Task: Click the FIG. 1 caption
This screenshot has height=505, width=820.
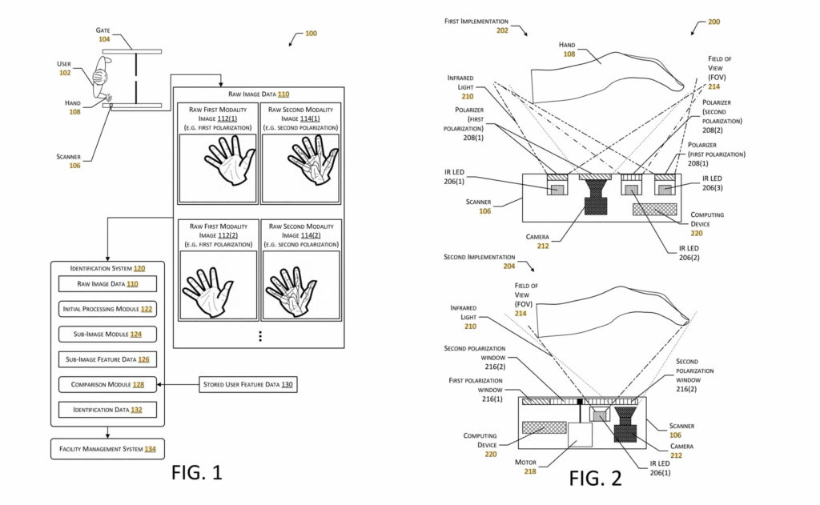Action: pos(196,473)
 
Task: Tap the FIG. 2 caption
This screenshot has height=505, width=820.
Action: pos(595,478)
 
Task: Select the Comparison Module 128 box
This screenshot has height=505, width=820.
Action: pos(107,385)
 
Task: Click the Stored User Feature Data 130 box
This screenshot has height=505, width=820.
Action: pos(246,385)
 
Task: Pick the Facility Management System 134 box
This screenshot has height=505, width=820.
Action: pos(107,449)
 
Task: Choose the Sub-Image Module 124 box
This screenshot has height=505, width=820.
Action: pos(107,334)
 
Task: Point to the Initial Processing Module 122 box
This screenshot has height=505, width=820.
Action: pos(107,308)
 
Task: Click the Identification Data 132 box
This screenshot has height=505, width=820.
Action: pos(107,410)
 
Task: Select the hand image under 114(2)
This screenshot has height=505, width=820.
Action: pos(300,284)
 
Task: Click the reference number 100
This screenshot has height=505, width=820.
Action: pos(311,34)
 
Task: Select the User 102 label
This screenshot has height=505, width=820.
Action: pos(64,68)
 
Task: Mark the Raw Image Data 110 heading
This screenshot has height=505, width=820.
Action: pos(259,94)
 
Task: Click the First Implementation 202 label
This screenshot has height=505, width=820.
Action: pos(480,26)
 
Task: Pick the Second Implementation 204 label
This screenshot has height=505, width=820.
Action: pos(481,262)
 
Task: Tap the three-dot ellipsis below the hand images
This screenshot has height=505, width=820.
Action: pos(259,336)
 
